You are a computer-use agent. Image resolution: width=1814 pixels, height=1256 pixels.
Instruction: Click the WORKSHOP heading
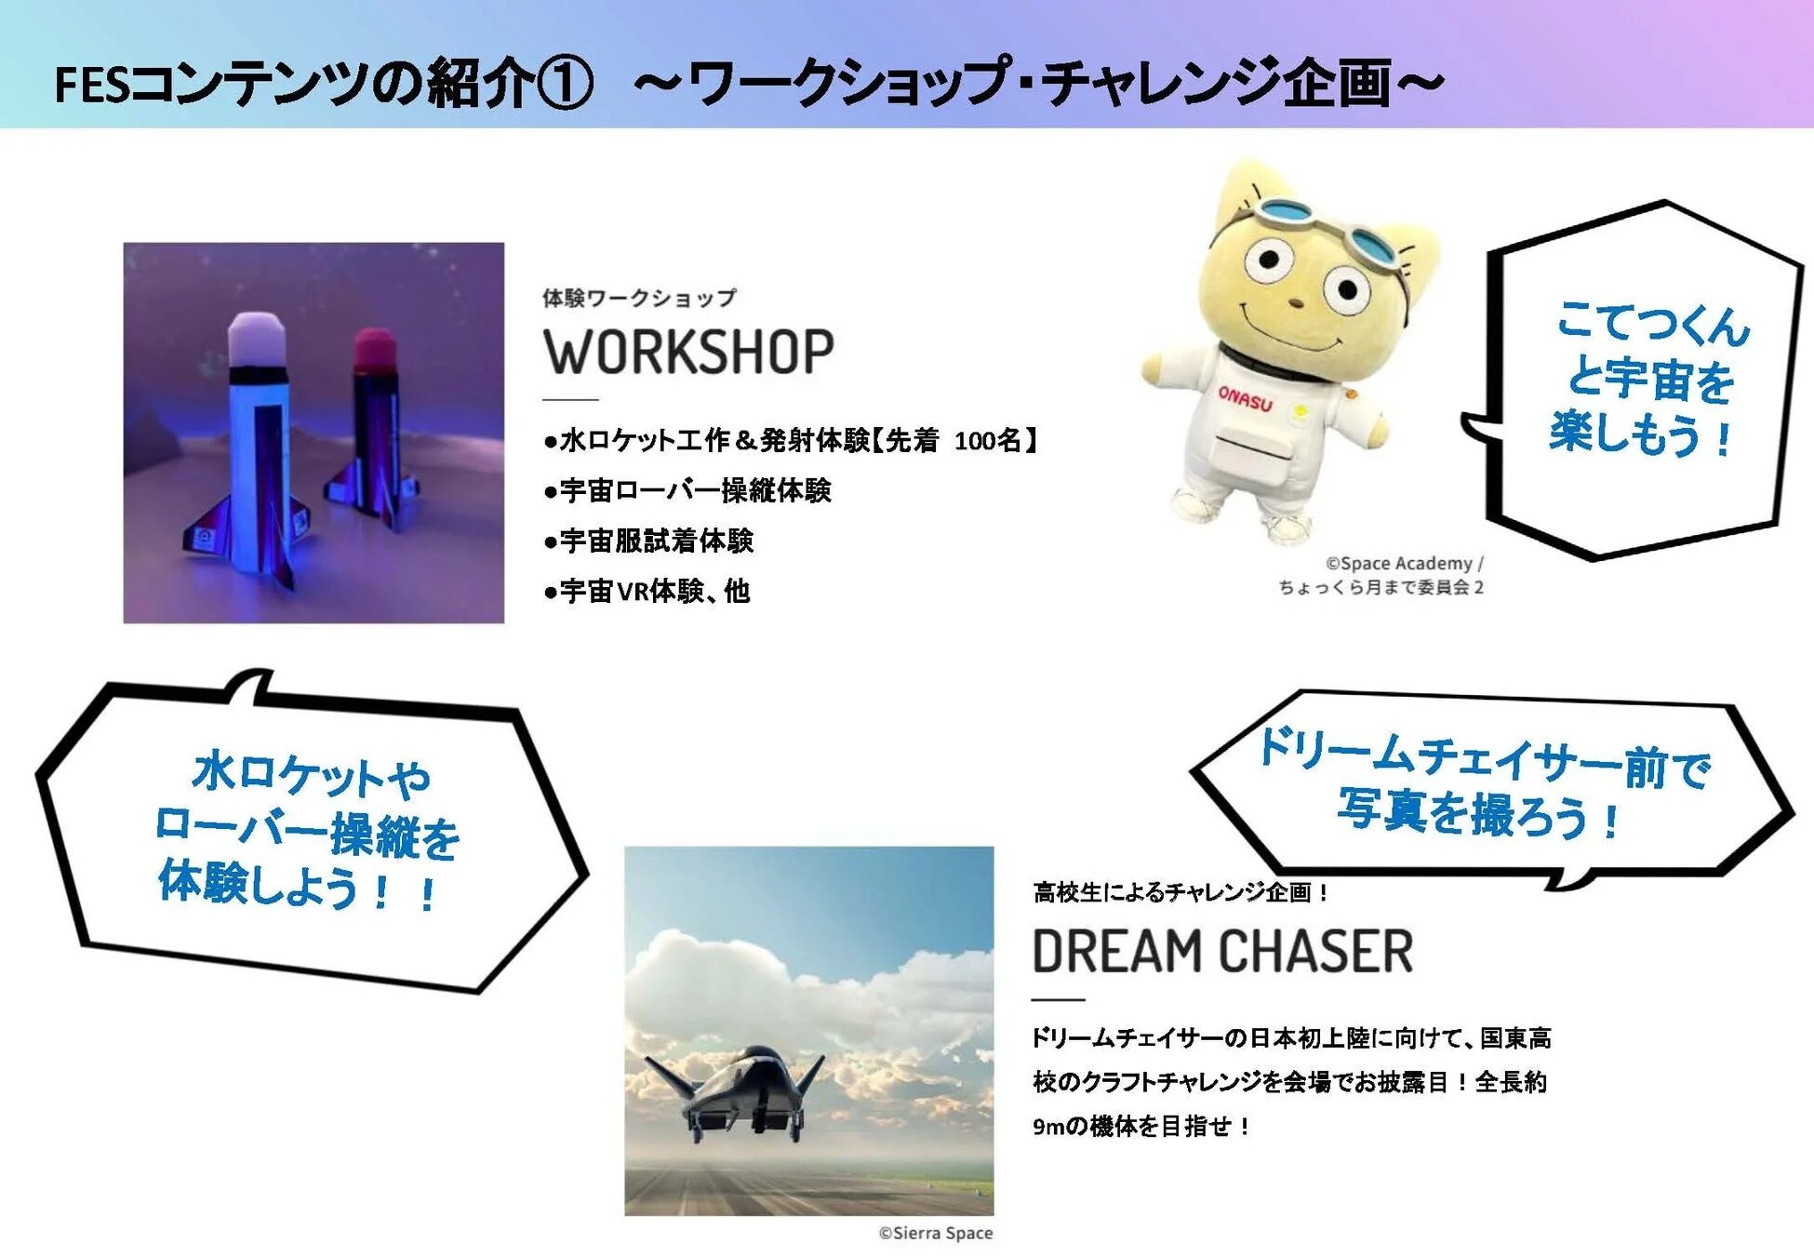[688, 352]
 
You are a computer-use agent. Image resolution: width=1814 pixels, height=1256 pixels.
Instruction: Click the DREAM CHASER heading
[1222, 951]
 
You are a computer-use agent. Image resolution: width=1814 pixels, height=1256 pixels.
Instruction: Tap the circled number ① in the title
[564, 84]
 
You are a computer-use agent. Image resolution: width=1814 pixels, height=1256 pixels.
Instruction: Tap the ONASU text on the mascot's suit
[1245, 398]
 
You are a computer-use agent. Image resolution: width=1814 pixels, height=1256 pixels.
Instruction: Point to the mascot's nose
[1294, 302]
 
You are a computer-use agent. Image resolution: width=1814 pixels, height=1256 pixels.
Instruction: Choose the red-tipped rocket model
[375, 428]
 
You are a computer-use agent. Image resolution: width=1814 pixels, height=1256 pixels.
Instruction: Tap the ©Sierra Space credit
[935, 1233]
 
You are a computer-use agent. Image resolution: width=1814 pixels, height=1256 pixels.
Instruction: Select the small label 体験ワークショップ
[639, 298]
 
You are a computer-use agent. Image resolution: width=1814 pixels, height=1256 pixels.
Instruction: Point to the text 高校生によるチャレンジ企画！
[1181, 892]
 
